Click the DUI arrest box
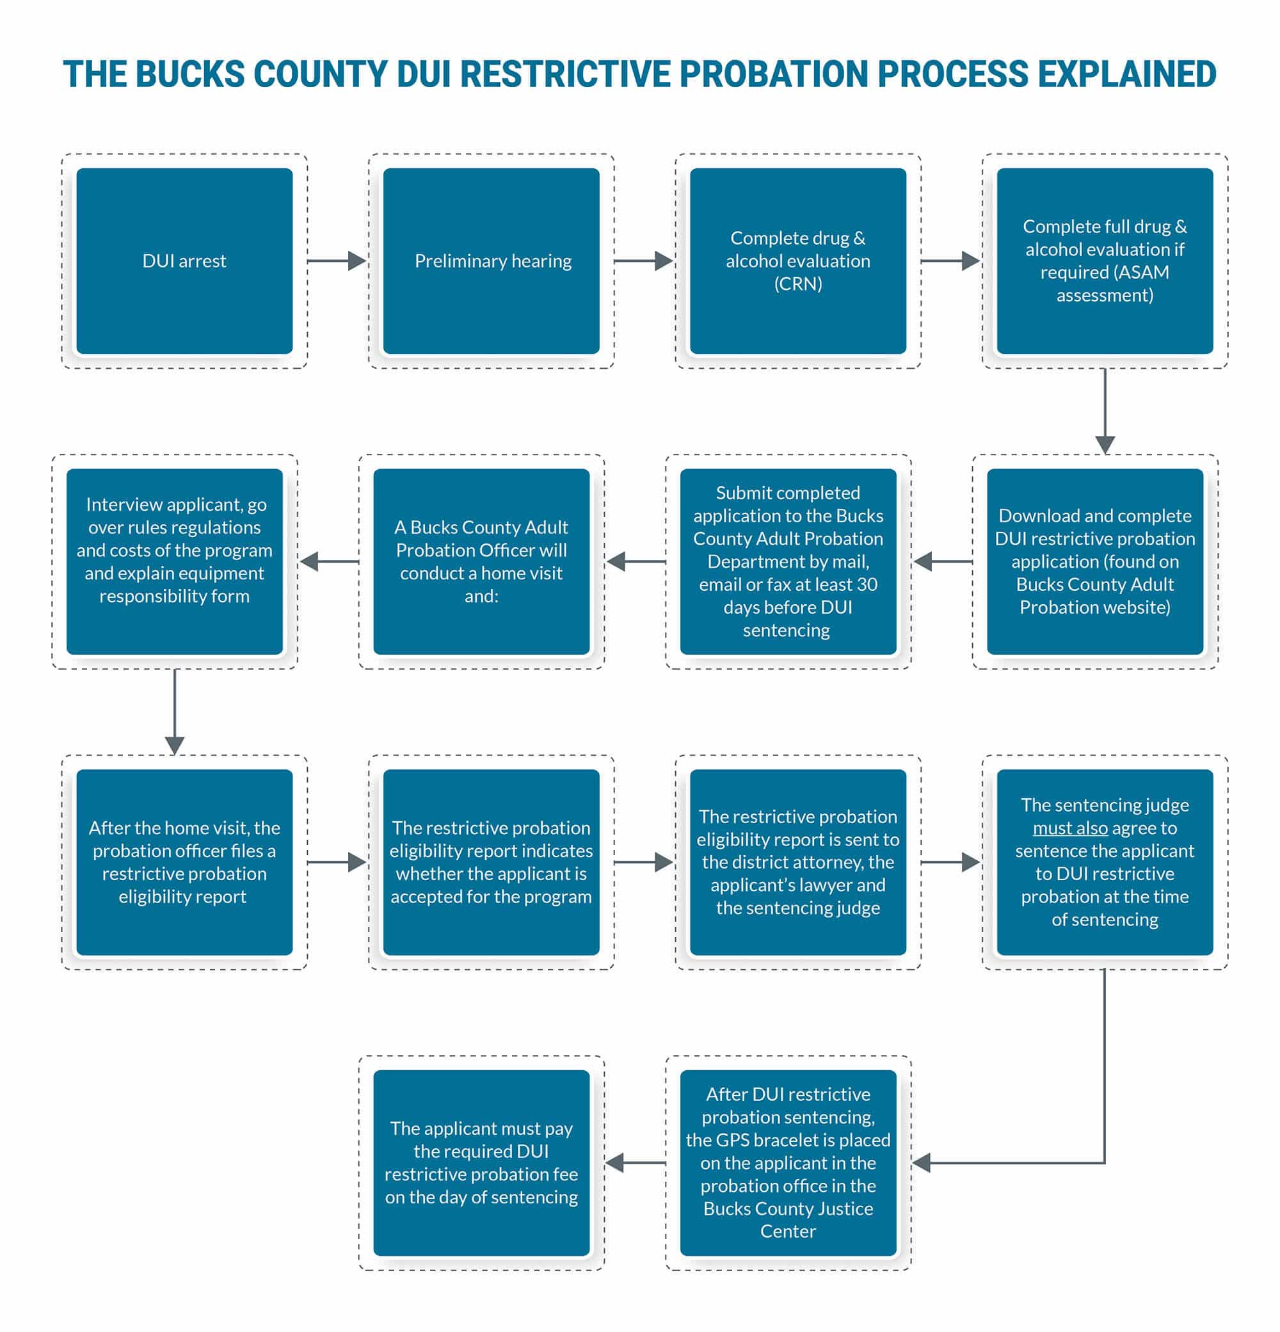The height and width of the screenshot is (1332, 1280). point(184,261)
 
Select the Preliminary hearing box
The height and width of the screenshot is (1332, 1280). point(492,261)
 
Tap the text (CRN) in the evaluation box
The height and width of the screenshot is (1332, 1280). point(798,284)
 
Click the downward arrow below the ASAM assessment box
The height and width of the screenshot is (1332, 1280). point(1105,411)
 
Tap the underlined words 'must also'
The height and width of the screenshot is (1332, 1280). point(1070,828)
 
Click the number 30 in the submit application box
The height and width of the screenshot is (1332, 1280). point(867,584)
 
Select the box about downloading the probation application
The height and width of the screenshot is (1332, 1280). point(1095,561)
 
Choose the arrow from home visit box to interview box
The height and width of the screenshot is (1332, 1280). point(330,561)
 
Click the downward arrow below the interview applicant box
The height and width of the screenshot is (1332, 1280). point(175,712)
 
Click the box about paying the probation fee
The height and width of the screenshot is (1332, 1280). point(482,1163)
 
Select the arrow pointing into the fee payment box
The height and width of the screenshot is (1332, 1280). point(636,1163)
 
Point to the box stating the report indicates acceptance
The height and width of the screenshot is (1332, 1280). point(492,862)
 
